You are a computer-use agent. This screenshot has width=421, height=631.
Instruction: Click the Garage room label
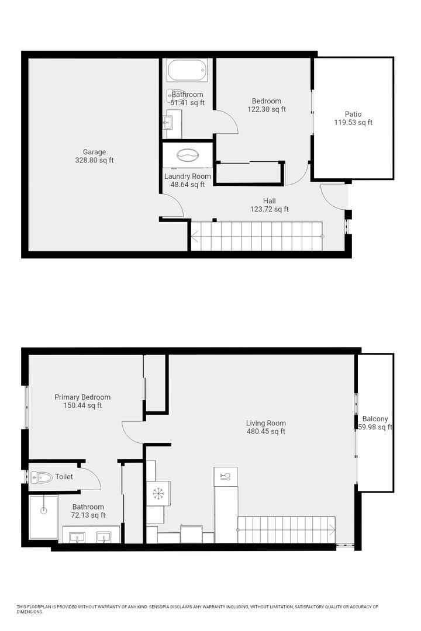click(94, 152)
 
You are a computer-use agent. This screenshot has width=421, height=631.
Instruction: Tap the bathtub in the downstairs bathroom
click(187, 70)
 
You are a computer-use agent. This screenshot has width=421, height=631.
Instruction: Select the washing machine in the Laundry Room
click(188, 156)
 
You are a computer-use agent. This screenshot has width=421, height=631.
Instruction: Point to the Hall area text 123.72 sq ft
click(270, 209)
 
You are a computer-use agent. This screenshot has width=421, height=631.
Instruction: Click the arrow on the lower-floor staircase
click(195, 237)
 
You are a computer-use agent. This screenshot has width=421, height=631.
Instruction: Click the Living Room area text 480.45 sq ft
click(266, 432)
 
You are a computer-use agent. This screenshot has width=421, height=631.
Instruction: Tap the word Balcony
click(375, 418)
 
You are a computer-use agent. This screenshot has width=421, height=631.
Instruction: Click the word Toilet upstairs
click(64, 477)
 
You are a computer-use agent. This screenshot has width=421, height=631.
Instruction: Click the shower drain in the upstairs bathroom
click(43, 509)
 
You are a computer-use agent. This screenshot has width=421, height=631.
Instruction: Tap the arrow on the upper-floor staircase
click(332, 530)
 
